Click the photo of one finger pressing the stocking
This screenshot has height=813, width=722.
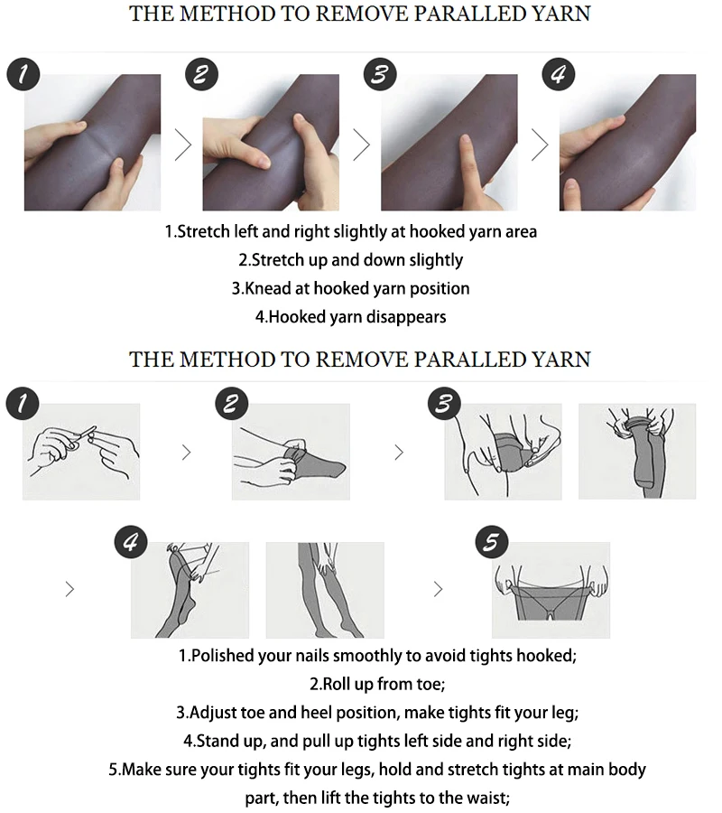coord(449,143)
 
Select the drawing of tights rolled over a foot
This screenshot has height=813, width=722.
coord(291,452)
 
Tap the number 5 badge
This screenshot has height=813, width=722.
coord(492,542)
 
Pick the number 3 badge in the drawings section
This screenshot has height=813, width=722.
coord(442,404)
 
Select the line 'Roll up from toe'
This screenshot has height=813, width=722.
coord(361,684)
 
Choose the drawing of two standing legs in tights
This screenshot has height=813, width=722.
coord(324,590)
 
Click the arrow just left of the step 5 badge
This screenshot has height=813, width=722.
coord(439,590)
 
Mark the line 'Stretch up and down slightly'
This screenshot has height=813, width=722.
coord(350,260)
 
